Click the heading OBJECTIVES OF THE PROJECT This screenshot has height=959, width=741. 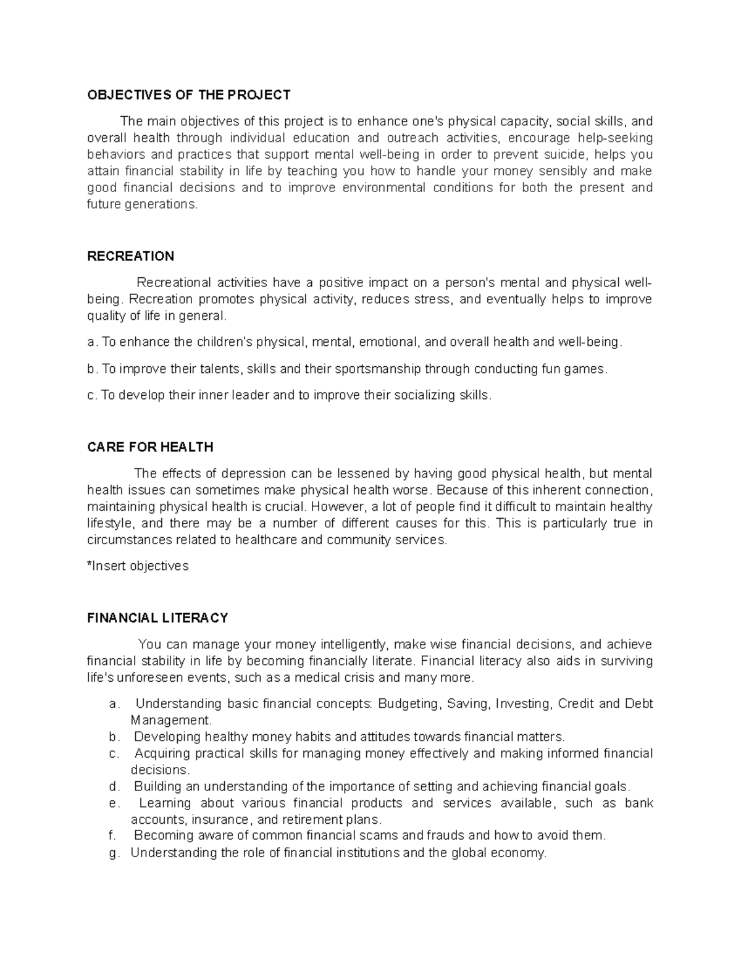pyautogui.click(x=188, y=94)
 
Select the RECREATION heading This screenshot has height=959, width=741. pyautogui.click(x=130, y=256)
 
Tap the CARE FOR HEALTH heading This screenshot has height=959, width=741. pyautogui.click(x=150, y=446)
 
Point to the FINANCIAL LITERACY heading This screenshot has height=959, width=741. pyautogui.click(x=157, y=618)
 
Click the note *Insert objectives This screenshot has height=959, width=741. pyautogui.click(x=138, y=566)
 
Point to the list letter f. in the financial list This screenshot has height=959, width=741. pyautogui.click(x=112, y=835)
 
